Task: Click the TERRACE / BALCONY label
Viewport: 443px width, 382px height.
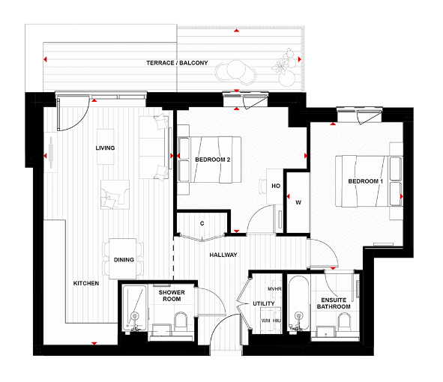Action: pyautogui.click(x=177, y=63)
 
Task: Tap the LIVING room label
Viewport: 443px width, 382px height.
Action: pyautogui.click(x=105, y=148)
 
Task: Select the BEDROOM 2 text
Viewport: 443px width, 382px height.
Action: pyautogui.click(x=212, y=160)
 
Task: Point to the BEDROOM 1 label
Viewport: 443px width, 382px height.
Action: pyautogui.click(x=365, y=182)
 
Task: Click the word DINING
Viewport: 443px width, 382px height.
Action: pyautogui.click(x=124, y=260)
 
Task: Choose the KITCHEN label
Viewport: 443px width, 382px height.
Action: pyautogui.click(x=86, y=284)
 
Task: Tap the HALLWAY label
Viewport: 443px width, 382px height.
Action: pyautogui.click(x=223, y=255)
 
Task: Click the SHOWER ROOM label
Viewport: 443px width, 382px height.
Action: pyautogui.click(x=171, y=296)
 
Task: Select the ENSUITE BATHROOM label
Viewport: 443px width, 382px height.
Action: pyautogui.click(x=334, y=303)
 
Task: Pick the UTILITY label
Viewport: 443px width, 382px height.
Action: pyautogui.click(x=264, y=304)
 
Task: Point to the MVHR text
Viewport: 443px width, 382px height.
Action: pyautogui.click(x=274, y=288)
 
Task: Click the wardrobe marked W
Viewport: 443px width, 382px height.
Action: pyautogui.click(x=298, y=202)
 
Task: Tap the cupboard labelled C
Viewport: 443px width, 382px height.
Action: pyautogui.click(x=202, y=223)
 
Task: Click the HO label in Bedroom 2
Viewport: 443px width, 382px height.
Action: pyautogui.click(x=275, y=186)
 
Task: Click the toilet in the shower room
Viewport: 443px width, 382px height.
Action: pyautogui.click(x=180, y=323)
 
